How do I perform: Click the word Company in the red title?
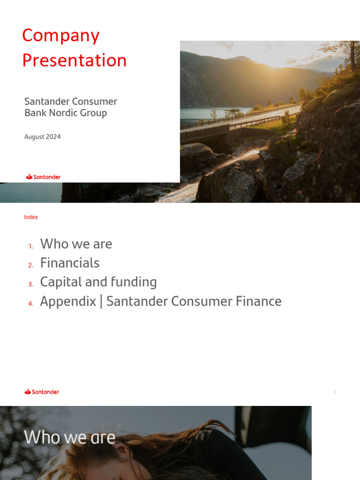60,36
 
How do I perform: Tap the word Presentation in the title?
74,60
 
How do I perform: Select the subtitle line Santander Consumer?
70,101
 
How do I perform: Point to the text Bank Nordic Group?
66,113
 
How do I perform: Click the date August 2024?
42,137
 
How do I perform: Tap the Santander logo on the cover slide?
43,177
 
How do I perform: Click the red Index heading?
31,217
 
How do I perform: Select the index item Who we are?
76,244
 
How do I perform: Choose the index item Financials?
70,263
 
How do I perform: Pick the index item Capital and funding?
98,282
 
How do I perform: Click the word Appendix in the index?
68,301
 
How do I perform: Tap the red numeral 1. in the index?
30,246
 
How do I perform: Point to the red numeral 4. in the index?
30,304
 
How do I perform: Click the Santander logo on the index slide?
42,391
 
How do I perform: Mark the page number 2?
335,392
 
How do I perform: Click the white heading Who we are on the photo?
69,437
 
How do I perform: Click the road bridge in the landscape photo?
206,131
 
